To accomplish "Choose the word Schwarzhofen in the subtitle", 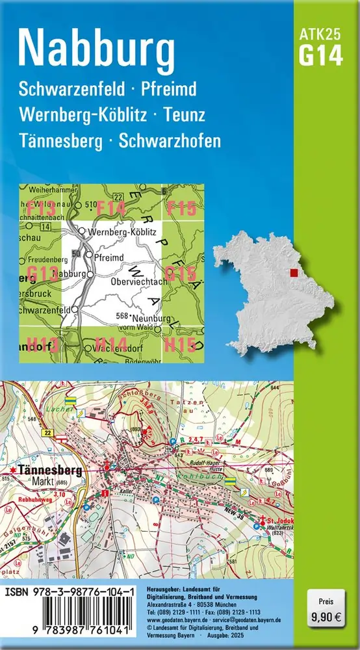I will tap(171, 140).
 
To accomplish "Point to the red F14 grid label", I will tap(110, 208).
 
